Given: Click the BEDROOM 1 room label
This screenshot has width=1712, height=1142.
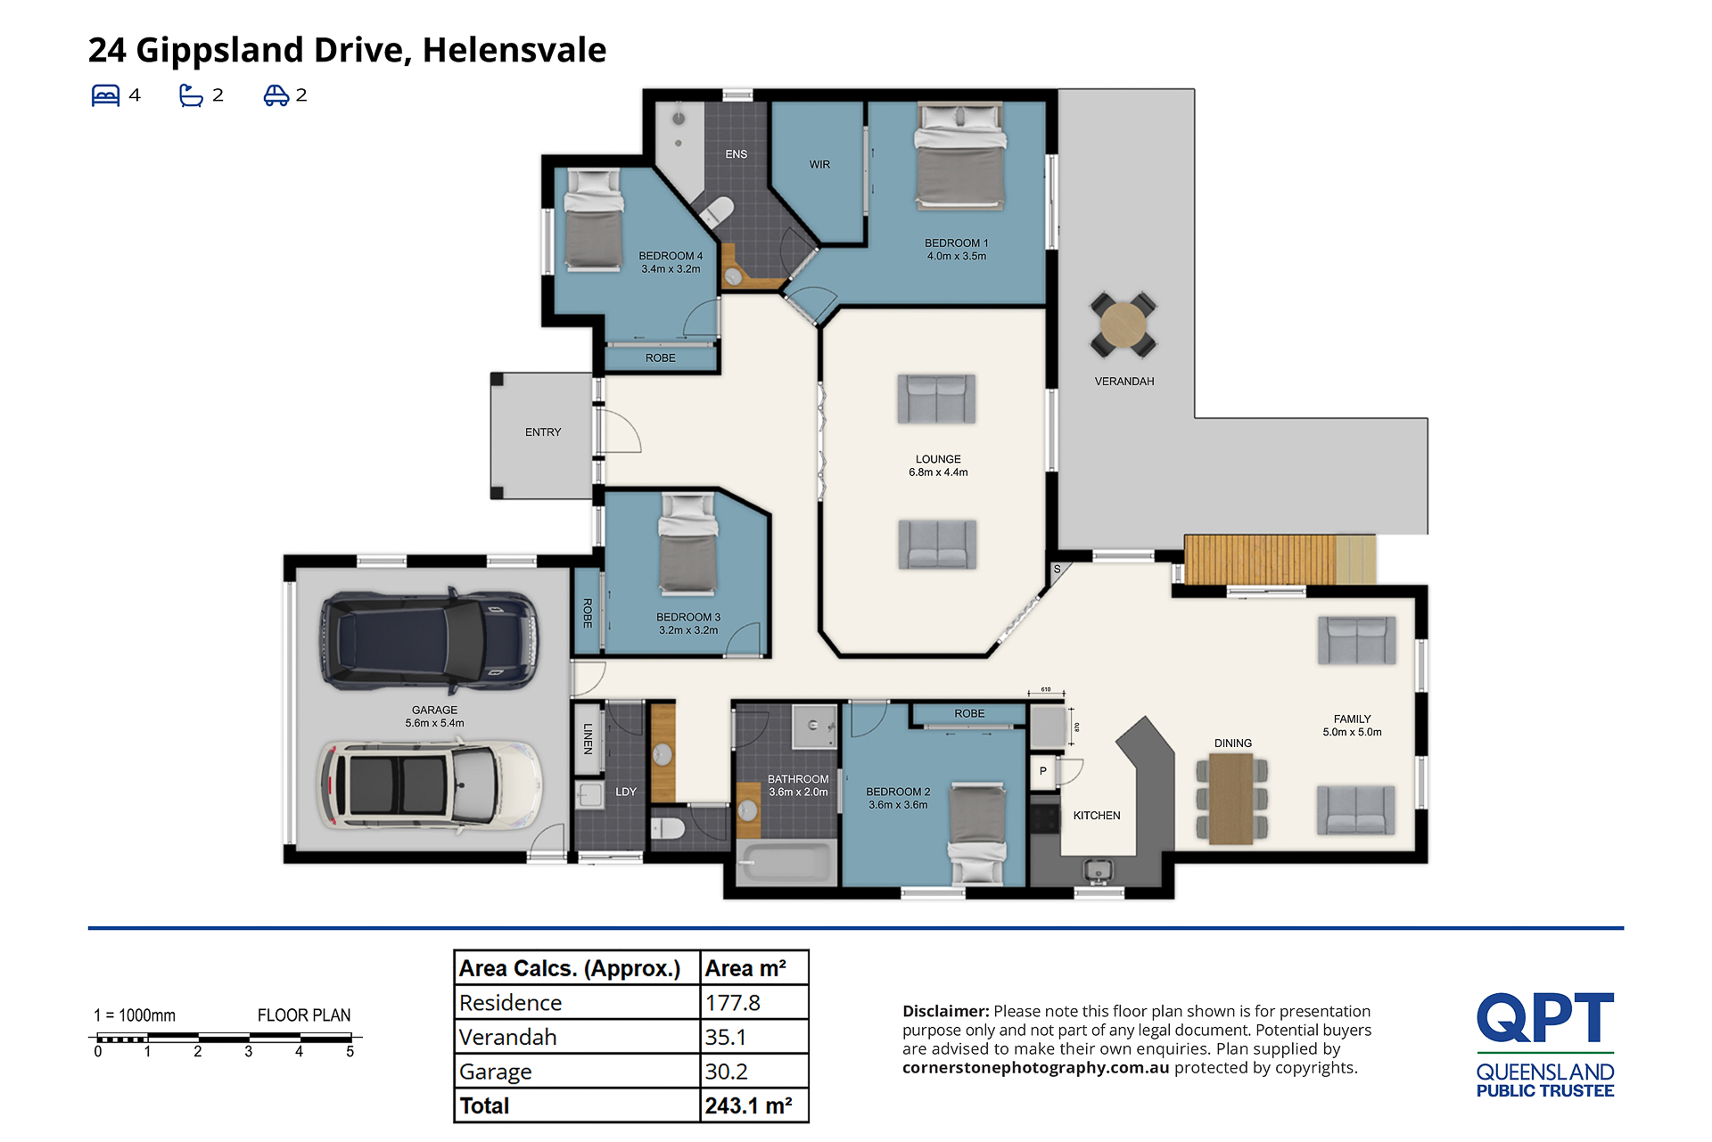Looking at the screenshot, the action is point(956,242).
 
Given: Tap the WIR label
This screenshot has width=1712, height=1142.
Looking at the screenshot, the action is point(819,165).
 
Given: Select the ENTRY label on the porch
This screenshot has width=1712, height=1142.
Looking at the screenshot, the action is point(543,432).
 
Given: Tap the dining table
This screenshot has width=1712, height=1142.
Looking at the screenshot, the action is point(1231,799).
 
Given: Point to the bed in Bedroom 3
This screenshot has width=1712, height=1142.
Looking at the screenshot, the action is point(687,544).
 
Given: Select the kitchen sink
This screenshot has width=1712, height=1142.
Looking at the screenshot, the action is point(1098,869).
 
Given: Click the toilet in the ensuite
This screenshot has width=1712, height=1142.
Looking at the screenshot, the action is point(716,212).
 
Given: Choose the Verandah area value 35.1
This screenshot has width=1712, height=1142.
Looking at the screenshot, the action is point(725,1038).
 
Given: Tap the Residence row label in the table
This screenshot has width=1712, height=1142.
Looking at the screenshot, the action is point(510,1003).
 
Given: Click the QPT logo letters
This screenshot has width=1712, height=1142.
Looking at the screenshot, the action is point(1545,1017).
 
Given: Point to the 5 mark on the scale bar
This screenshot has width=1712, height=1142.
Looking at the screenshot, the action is point(350,1052).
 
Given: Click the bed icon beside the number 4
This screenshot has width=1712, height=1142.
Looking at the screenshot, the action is point(105,95).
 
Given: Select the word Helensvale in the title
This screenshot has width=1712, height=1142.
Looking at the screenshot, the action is point(514,50).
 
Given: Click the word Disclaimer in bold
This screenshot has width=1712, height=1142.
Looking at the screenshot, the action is point(945,1011).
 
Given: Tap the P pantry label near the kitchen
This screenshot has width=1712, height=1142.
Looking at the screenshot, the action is point(1042,771).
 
